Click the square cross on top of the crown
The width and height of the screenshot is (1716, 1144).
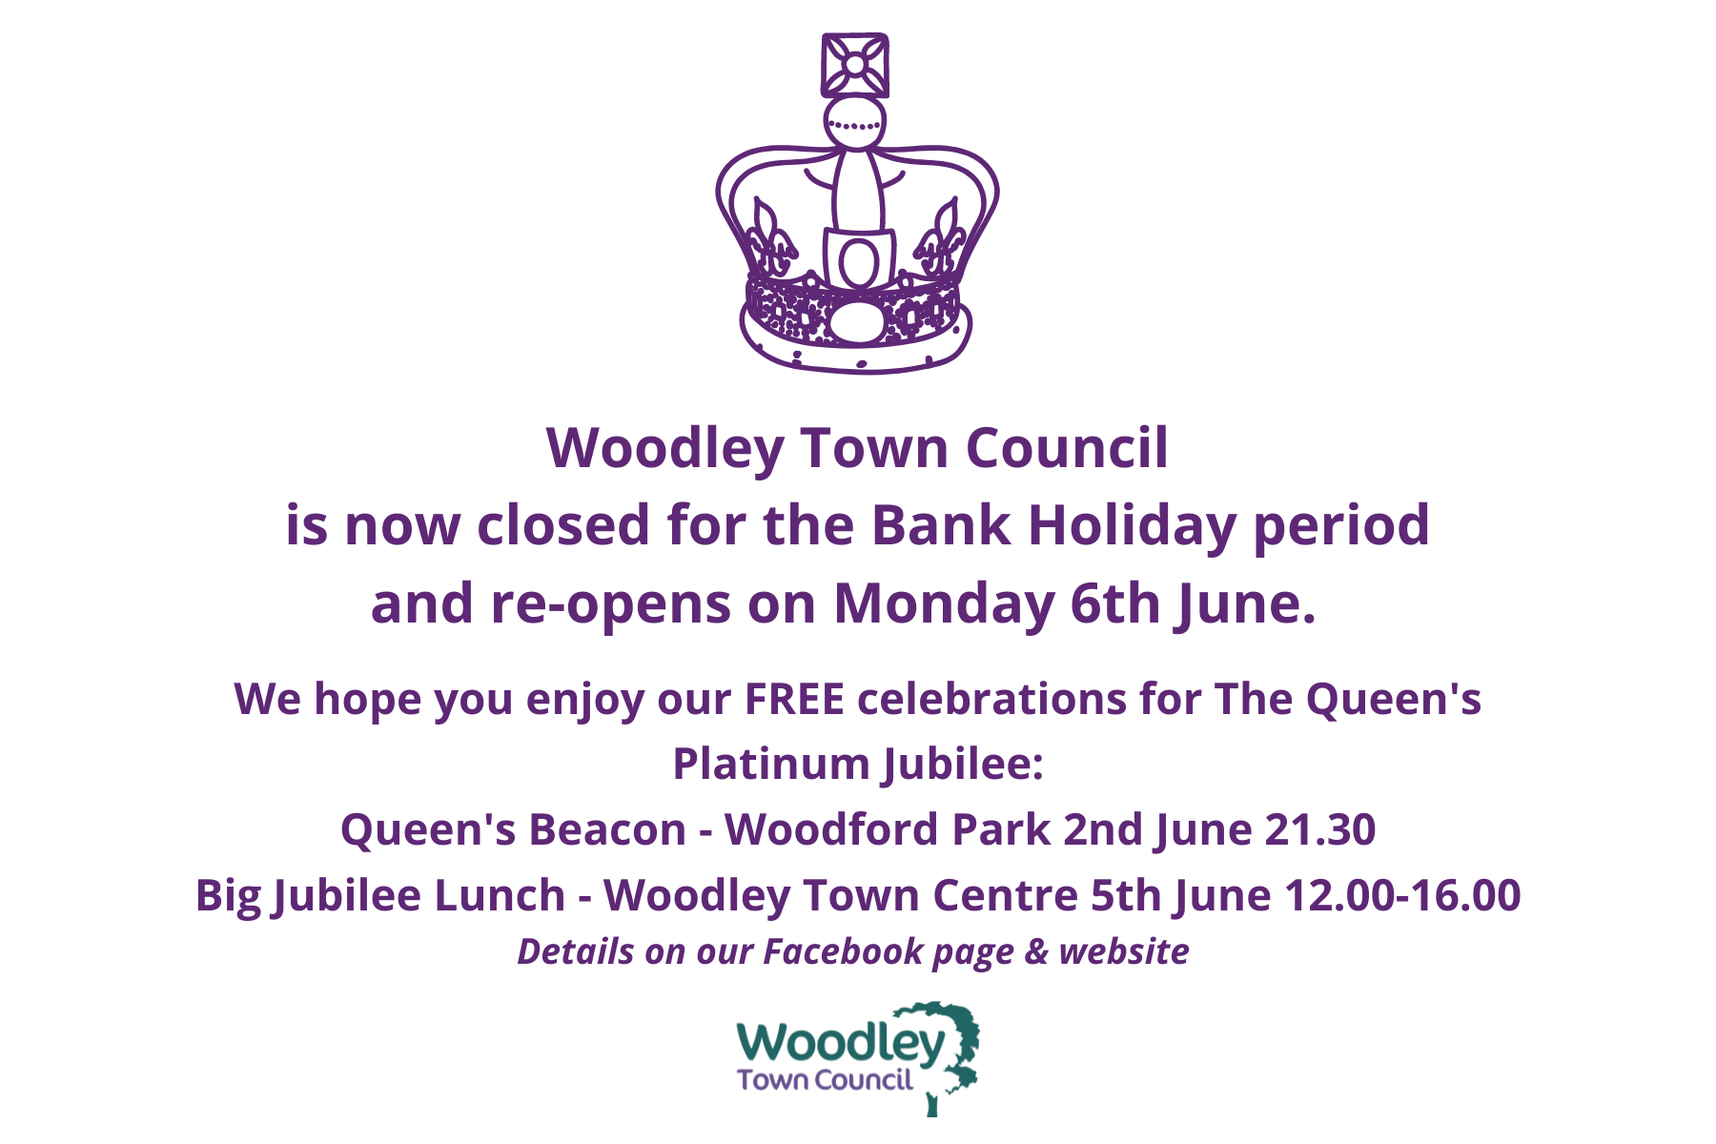tap(855, 65)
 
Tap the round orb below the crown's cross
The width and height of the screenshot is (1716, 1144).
tap(855, 123)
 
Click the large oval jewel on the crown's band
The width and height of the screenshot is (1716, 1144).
tap(857, 321)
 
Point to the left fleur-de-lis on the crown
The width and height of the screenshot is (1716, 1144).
tap(769, 238)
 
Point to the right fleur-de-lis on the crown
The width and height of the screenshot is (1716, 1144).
tap(941, 238)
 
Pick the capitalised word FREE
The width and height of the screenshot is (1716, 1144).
tap(795, 699)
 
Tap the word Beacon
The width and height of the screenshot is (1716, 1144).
tap(607, 829)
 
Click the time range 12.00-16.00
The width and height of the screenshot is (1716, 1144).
tap(1402, 895)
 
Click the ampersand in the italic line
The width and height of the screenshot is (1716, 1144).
tap(1036, 952)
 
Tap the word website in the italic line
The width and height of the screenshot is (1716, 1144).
tap(1124, 951)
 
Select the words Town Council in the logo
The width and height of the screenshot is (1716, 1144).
tap(826, 1080)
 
